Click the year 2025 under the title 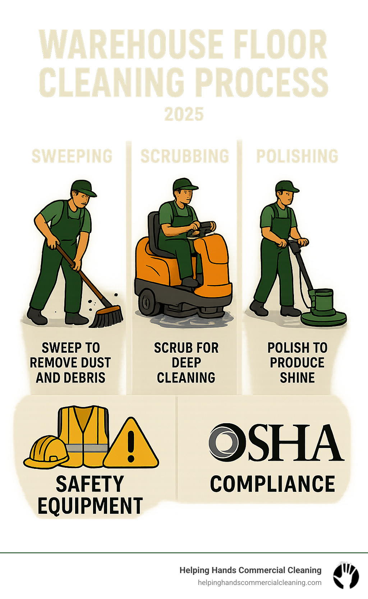[x=184, y=114]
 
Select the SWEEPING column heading [x=72, y=156]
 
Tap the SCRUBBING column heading [x=185, y=156]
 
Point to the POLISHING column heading [x=297, y=156]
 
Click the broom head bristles [x=106, y=318]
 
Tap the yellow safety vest [x=84, y=436]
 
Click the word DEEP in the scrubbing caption [x=186, y=363]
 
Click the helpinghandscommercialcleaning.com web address [x=259, y=583]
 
